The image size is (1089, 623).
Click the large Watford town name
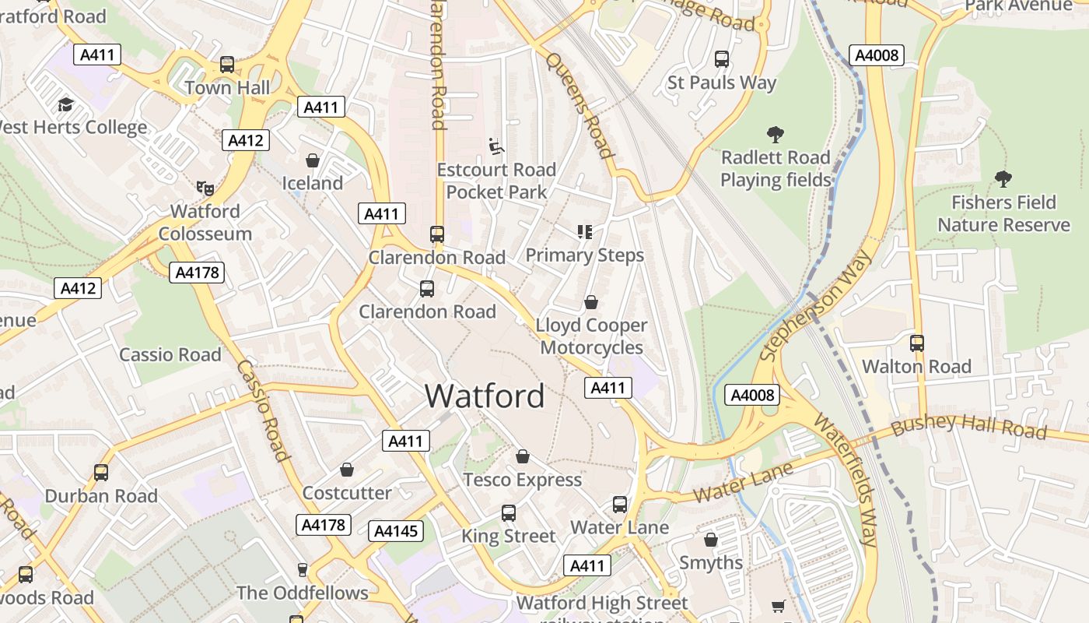coord(485,396)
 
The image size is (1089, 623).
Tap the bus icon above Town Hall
coord(227,65)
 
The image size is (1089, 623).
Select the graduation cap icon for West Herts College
coord(65,104)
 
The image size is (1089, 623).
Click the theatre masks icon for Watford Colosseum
coord(205,188)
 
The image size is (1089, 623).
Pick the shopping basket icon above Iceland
coord(312,160)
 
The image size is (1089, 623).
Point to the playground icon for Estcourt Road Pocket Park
coord(495,146)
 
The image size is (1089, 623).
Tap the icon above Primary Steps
coord(584,231)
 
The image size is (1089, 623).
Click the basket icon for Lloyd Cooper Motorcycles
coord(591,302)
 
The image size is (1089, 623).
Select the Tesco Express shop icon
coord(523,456)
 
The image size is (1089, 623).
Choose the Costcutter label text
coord(347,493)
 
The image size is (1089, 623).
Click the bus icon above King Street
coord(509,513)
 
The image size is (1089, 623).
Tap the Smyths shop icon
coord(710,540)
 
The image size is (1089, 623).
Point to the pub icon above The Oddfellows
coord(303,570)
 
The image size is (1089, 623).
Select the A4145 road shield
coord(396,531)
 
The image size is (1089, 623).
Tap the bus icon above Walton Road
coord(917,343)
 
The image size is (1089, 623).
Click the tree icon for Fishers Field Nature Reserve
coord(1003,179)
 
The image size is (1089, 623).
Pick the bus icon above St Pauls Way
coord(722,59)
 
